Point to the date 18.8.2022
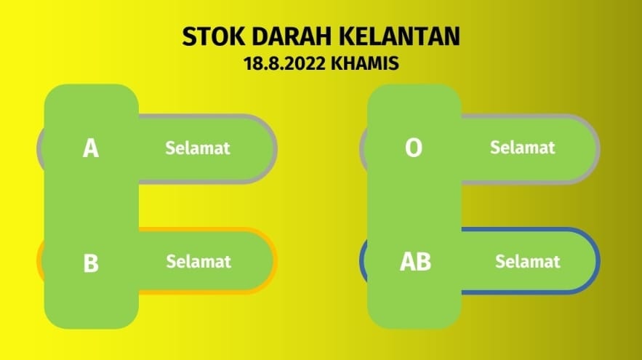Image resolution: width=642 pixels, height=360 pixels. click(x=284, y=63)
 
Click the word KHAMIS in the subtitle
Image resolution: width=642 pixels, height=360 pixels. click(x=365, y=63)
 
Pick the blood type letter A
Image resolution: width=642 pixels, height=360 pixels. click(x=90, y=148)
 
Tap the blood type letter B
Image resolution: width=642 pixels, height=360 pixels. click(x=91, y=263)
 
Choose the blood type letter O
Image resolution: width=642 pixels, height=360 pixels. click(x=414, y=148)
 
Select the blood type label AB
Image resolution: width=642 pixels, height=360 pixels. click(x=415, y=262)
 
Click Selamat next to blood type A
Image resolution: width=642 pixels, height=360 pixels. click(x=197, y=148)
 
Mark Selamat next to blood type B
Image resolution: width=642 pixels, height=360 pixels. click(x=198, y=261)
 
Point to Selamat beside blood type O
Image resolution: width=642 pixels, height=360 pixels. click(x=523, y=148)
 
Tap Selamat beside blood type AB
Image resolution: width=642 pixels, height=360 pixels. click(x=527, y=261)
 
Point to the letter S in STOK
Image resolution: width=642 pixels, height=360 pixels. click(x=189, y=36)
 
